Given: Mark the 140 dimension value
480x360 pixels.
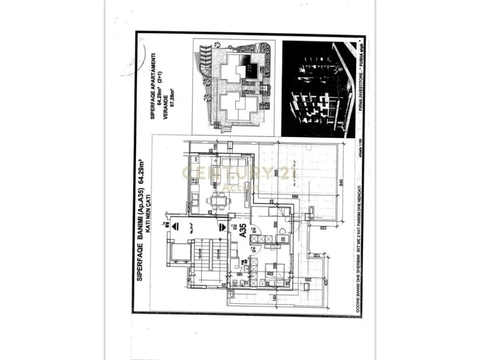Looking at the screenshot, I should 275,298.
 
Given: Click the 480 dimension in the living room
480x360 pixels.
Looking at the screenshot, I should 214,185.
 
